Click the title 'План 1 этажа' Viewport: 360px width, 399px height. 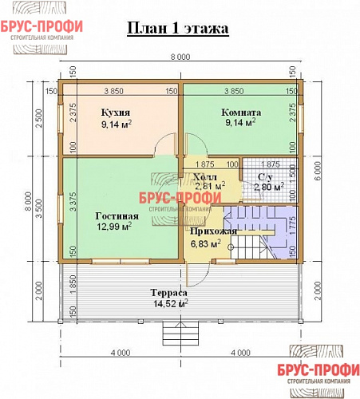(178, 29)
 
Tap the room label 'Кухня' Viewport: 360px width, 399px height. (117, 113)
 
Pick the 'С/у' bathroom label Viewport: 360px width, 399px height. (266, 176)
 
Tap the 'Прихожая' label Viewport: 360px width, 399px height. (213, 231)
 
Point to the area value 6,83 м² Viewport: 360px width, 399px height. (205, 243)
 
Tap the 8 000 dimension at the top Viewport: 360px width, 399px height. (180, 57)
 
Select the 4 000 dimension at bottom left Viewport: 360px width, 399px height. (121, 354)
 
